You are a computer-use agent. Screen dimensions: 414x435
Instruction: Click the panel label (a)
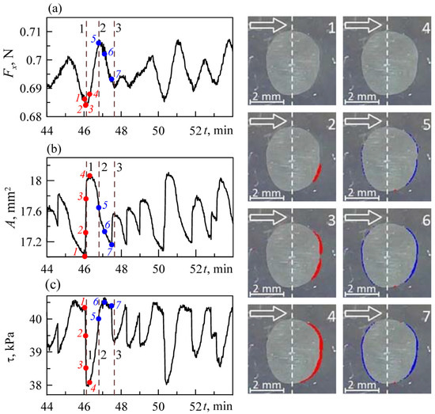(x=55, y=9)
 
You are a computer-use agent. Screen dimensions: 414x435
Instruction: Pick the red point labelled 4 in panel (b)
(x=89, y=176)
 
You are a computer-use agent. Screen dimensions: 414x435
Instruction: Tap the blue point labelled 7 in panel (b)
(x=112, y=245)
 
